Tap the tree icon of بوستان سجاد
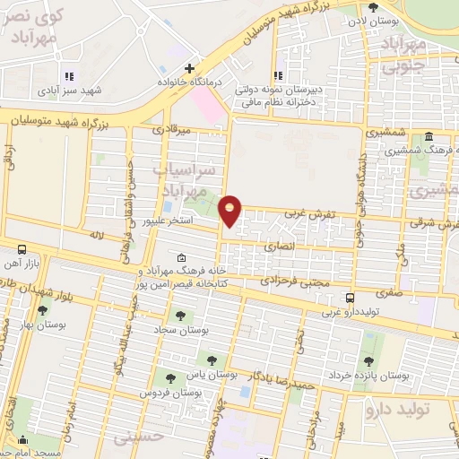coord(181,316)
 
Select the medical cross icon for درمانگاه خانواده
coord(189,68)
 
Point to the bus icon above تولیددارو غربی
coord(350,299)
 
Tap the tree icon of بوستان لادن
coord(385,6)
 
